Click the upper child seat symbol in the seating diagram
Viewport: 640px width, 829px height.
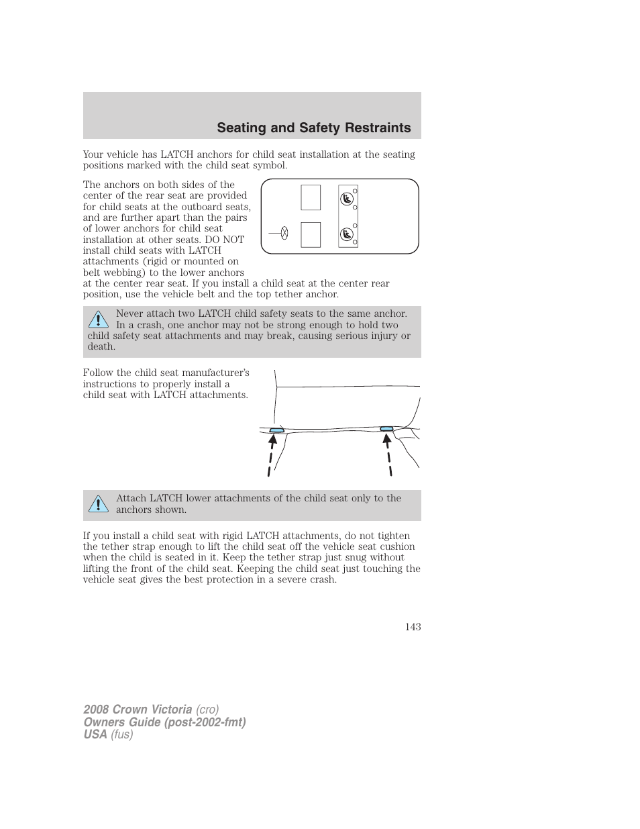coord(346,199)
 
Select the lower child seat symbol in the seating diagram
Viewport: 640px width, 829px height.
coord(346,234)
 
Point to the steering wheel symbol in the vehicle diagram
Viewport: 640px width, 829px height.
coord(284,234)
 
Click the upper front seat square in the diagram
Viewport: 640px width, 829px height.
coord(311,197)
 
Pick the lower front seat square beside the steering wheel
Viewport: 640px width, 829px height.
coord(311,234)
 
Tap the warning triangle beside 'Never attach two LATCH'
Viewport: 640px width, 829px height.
coord(98,320)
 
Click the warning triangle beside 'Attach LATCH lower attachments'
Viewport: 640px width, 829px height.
coord(98,504)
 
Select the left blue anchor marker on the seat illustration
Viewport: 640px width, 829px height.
coord(276,430)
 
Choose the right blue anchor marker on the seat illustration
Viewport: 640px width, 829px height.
coord(386,429)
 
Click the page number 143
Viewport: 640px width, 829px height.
coord(413,626)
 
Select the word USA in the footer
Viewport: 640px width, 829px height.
coord(95,734)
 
